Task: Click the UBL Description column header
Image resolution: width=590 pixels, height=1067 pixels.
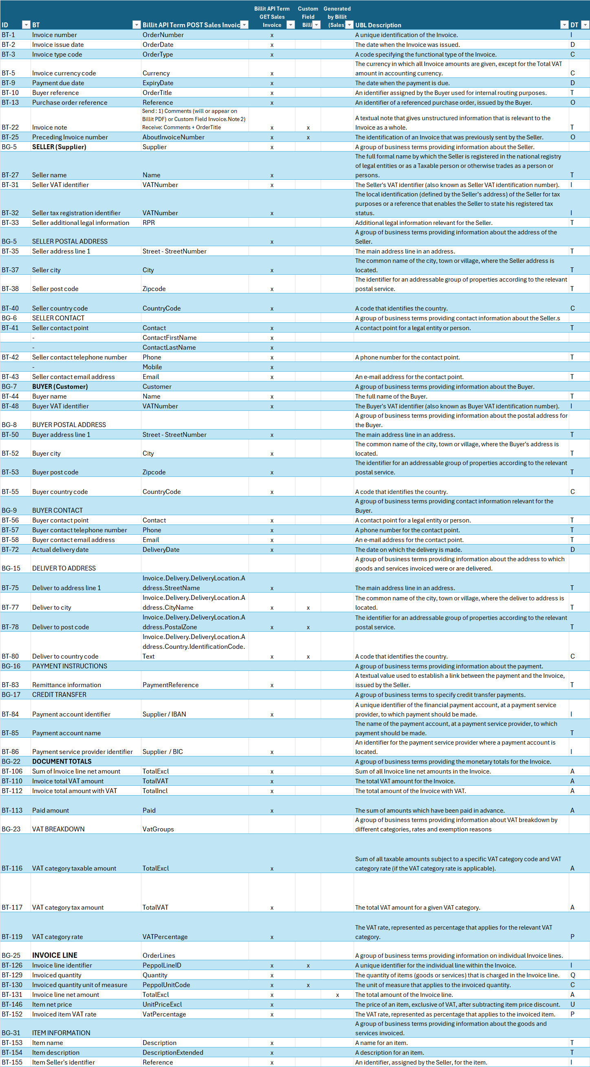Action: pyautogui.click(x=378, y=25)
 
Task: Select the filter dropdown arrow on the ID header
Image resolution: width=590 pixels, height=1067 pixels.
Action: pyautogui.click(x=26, y=25)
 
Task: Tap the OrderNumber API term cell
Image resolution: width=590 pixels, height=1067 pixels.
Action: pyautogui.click(x=163, y=35)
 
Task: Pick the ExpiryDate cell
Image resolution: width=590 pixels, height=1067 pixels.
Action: pyautogui.click(x=158, y=83)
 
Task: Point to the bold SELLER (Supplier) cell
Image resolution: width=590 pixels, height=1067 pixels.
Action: pyautogui.click(x=59, y=147)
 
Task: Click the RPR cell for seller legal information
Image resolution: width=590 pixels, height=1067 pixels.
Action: pyautogui.click(x=149, y=223)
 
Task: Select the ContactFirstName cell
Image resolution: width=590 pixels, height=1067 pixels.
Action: pyautogui.click(x=170, y=338)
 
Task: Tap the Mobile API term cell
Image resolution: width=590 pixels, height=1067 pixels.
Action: pyautogui.click(x=152, y=367)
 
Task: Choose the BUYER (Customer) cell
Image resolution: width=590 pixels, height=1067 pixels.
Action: pyautogui.click(x=60, y=387)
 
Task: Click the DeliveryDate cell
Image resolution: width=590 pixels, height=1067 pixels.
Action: pyautogui.click(x=161, y=550)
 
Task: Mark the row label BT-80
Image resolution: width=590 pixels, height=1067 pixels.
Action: pyautogui.click(x=10, y=657)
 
